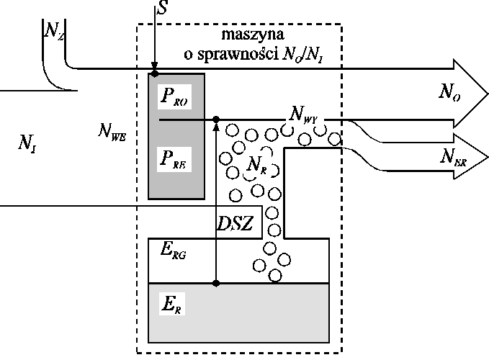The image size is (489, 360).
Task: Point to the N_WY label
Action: (x=304, y=112)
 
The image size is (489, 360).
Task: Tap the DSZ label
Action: (x=235, y=225)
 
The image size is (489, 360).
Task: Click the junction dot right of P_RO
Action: (x=217, y=120)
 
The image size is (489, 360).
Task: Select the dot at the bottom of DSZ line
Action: (x=217, y=283)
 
